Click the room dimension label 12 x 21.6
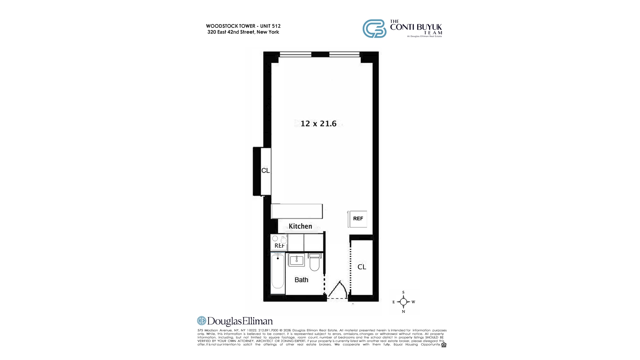tap(318, 124)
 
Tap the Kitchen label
tap(300, 226)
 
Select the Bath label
tap(301, 280)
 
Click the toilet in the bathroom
tap(314, 262)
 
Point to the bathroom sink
tap(296, 260)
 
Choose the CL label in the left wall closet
tap(265, 171)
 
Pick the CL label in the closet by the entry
tap(362, 267)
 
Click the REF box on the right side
tap(358, 219)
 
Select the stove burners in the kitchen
tap(279, 239)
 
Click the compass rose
tap(403, 302)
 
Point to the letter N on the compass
tap(403, 312)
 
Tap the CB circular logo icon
tap(374, 29)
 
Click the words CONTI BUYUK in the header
tap(416, 27)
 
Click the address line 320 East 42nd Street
tap(243, 32)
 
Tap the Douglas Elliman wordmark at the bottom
tap(235, 321)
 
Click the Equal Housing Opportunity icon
tap(444, 345)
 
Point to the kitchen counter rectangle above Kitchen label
tap(297, 211)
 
